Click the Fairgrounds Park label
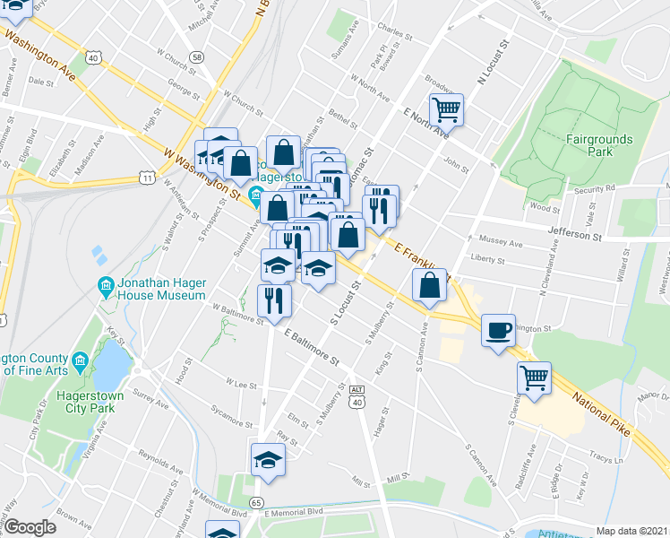598,145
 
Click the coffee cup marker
498,330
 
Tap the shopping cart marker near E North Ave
446,110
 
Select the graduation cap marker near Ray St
268,460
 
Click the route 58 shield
197,56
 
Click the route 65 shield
257,502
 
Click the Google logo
30,527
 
